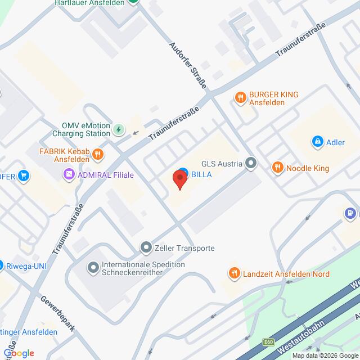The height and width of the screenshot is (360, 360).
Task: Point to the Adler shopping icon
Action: coord(317,141)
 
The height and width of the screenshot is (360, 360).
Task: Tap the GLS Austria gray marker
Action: coord(251,164)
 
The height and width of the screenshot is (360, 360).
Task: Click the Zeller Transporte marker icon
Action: coord(146,247)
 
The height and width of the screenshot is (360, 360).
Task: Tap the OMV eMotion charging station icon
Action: coord(119,130)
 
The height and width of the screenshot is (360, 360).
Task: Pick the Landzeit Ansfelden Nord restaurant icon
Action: coord(234,273)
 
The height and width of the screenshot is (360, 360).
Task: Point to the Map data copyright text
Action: coord(324,355)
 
